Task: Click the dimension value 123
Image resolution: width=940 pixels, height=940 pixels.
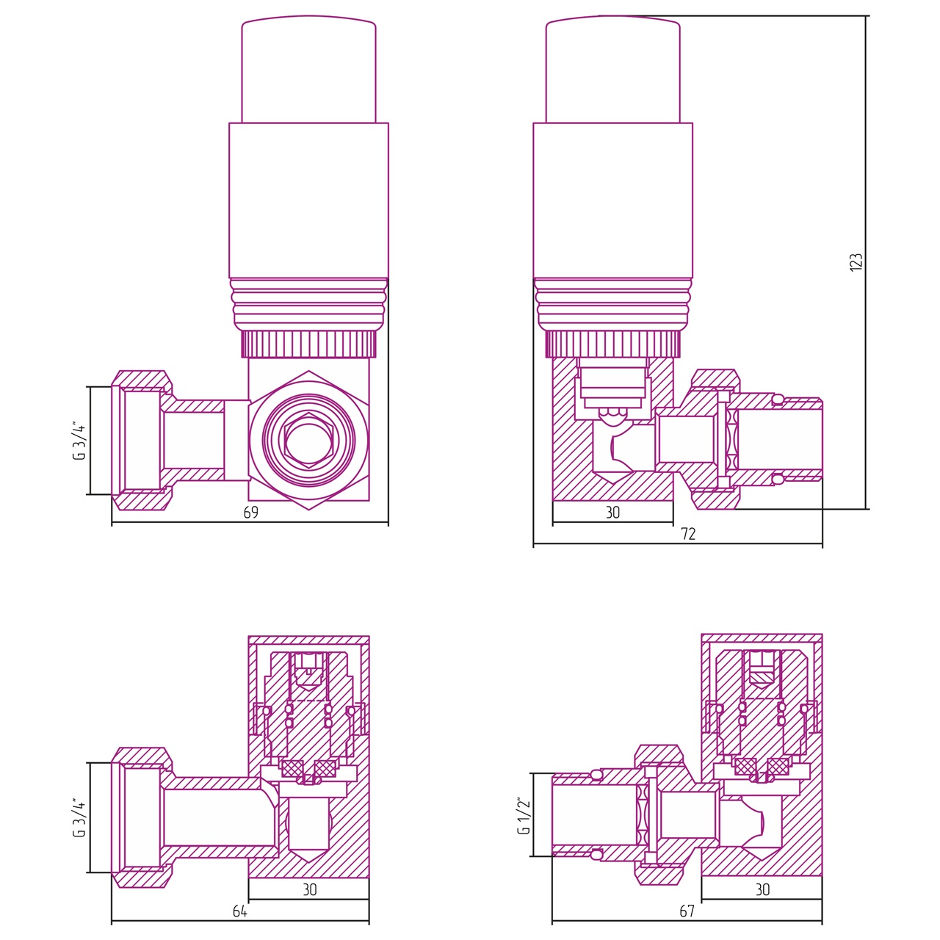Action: pos(856,262)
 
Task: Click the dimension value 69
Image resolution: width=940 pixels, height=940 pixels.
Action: pos(250,512)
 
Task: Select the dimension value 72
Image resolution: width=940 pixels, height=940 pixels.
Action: pos(688,534)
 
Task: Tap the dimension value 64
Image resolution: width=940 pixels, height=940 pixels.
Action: pos(240,911)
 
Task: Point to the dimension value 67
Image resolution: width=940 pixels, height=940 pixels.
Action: pos(687,911)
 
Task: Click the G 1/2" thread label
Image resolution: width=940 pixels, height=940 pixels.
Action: pos(524,816)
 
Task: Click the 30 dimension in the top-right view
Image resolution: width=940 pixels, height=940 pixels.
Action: pos(612,512)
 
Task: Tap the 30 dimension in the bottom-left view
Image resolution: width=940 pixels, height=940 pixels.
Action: pos(310,890)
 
